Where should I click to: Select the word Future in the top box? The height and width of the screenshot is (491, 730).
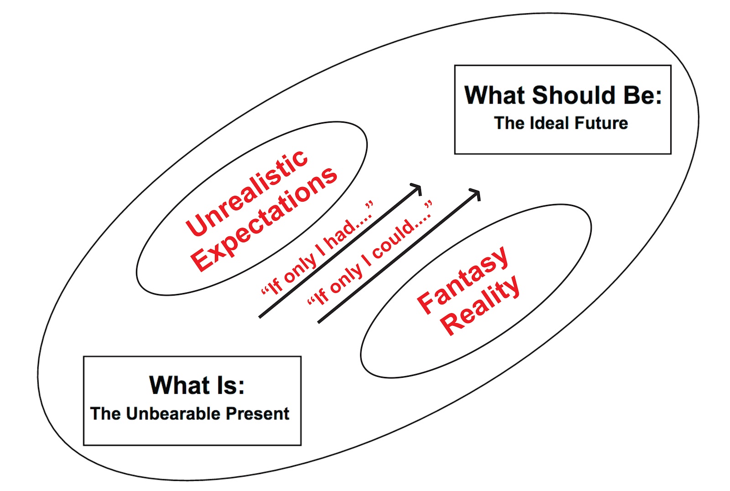point(601,123)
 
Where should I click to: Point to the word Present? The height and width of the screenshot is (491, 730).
point(258,413)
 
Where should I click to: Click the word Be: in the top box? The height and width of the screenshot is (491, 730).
point(642,95)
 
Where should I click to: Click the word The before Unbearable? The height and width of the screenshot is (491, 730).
point(106,413)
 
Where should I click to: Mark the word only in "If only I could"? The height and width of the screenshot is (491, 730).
point(346,279)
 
